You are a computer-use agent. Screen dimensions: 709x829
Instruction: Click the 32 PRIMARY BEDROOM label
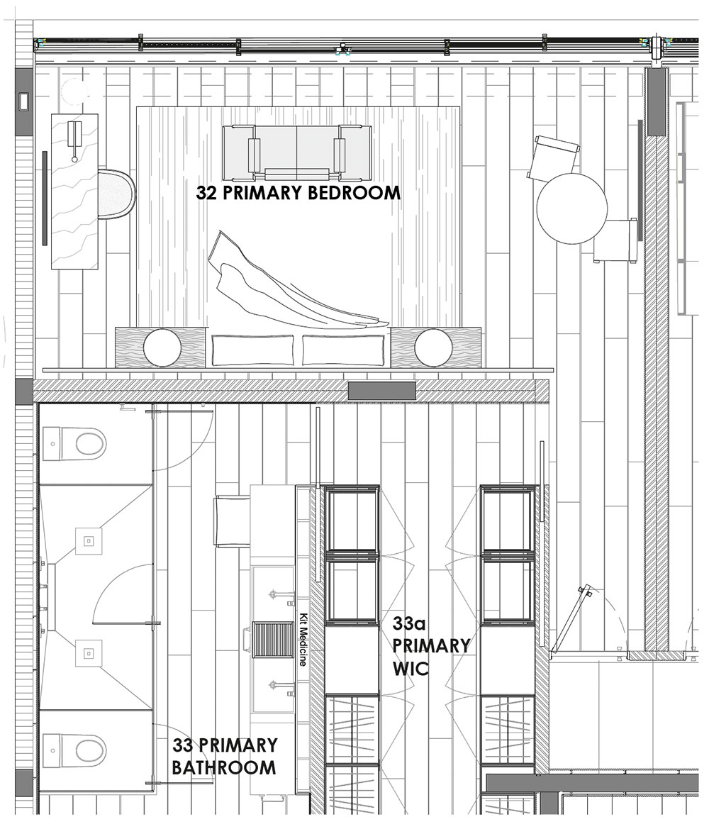[298, 193]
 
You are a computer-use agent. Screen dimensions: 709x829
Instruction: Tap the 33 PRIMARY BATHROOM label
[225, 756]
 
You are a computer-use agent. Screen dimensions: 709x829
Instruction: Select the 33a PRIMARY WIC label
[431, 645]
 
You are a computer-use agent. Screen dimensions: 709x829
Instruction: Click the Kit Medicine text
[303, 639]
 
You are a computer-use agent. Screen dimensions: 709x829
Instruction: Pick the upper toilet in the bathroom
[75, 444]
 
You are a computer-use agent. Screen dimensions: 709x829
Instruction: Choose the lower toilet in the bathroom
[75, 750]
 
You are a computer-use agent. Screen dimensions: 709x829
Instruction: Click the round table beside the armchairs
[571, 208]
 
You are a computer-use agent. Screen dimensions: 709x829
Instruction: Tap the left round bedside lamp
[162, 347]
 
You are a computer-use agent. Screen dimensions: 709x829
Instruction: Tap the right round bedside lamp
[433, 347]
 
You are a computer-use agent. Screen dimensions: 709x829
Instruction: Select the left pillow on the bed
[252, 350]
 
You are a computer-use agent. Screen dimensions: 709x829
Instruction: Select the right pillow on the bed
[343, 350]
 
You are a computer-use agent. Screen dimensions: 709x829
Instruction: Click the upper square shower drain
[89, 541]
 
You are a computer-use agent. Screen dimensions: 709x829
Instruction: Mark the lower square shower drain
[89, 653]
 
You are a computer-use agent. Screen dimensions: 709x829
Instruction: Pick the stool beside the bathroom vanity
[232, 521]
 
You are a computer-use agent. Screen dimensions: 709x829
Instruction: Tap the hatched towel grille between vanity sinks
[272, 640]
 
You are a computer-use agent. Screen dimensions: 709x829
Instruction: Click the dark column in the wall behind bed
[381, 391]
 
